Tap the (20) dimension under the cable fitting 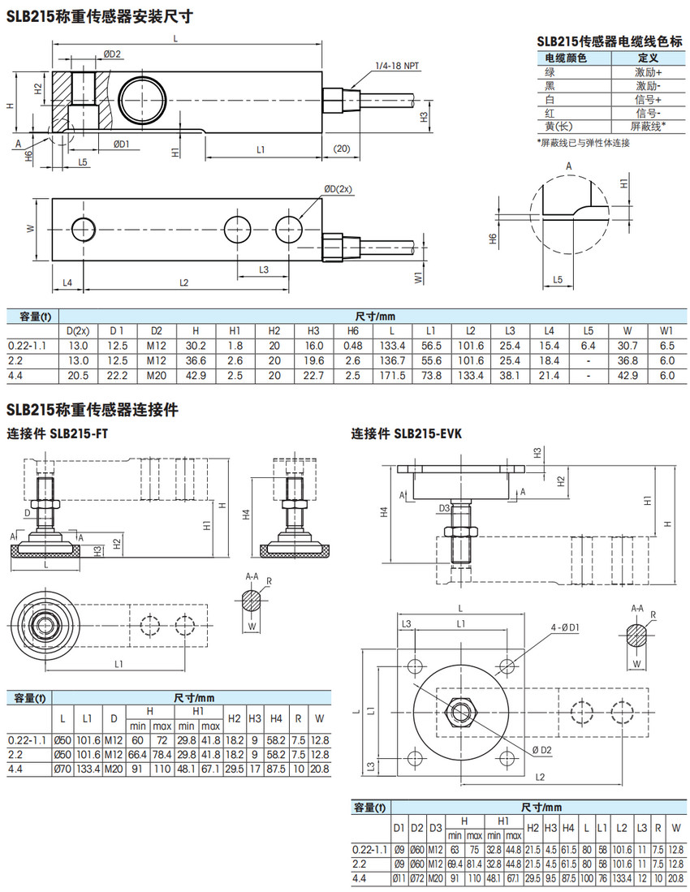[341, 149]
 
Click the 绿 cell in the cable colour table [550, 72]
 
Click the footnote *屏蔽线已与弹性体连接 [583, 143]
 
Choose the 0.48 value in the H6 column [354, 345]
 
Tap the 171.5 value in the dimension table [392, 374]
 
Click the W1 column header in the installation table [666, 330]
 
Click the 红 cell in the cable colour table [550, 113]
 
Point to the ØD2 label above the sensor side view [112, 54]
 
